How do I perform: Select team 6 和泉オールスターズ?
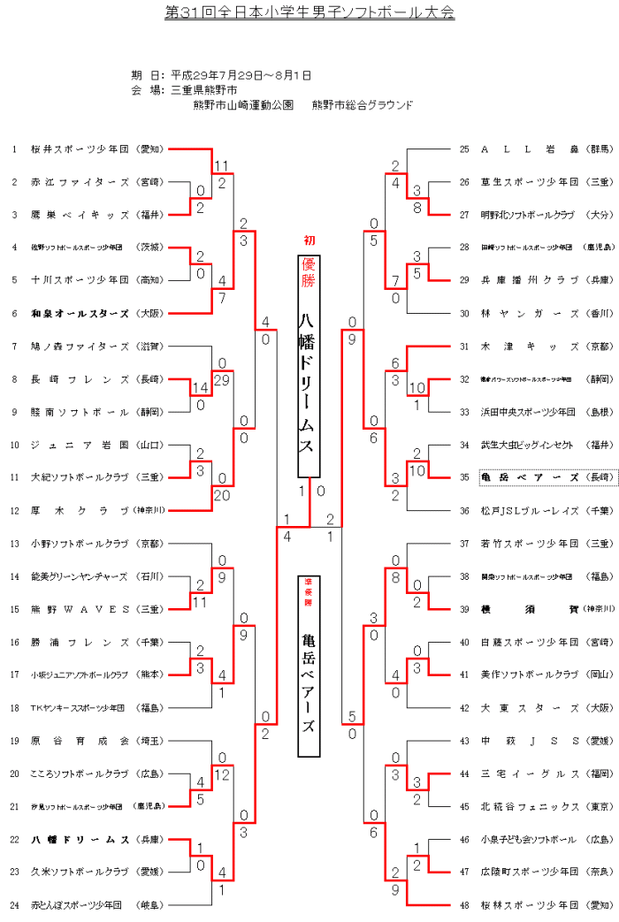click(x=80, y=312)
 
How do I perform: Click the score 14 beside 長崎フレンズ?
click(x=201, y=387)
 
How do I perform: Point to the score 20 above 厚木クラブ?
click(x=221, y=494)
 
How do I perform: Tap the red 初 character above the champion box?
click(x=309, y=240)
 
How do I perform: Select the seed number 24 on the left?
click(x=14, y=904)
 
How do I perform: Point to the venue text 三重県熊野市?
click(x=204, y=90)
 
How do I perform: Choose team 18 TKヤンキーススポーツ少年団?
click(x=80, y=707)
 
